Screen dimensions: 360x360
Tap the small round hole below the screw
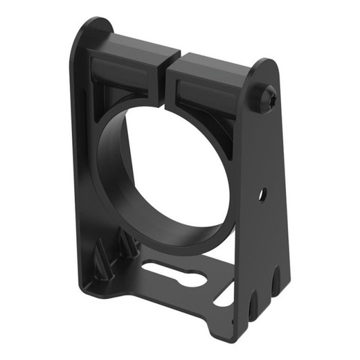tap(262, 195)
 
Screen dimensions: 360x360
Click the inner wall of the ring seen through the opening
tap(115, 166)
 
